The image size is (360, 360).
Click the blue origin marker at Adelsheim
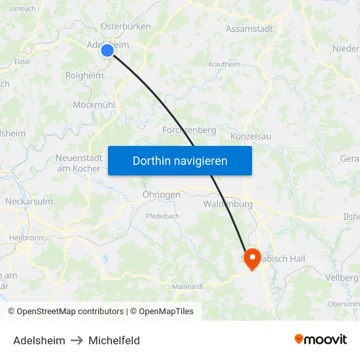point(107,50)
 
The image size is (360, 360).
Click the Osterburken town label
point(126,27)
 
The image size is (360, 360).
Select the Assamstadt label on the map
point(249,29)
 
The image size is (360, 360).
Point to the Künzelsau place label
point(251,136)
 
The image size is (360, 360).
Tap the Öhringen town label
point(161,195)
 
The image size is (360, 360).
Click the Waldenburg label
point(228,204)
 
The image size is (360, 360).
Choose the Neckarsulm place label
point(29,202)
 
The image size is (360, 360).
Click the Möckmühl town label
point(94,105)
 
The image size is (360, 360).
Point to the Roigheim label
point(84,76)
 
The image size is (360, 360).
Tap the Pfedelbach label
point(162,215)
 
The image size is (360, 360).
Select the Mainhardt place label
point(188,287)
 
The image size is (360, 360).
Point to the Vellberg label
point(345,278)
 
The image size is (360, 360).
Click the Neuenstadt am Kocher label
point(79,163)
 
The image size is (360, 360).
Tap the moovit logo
point(321,339)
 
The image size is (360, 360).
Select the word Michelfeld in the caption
point(114,340)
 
